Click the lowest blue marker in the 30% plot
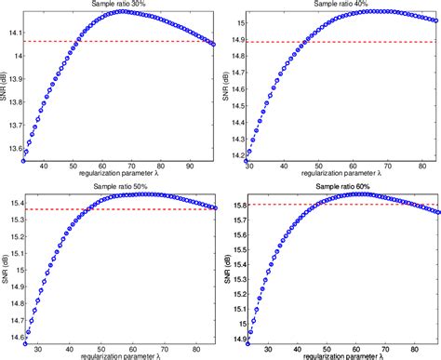click(x=24, y=160)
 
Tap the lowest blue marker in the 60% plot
click(x=248, y=342)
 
